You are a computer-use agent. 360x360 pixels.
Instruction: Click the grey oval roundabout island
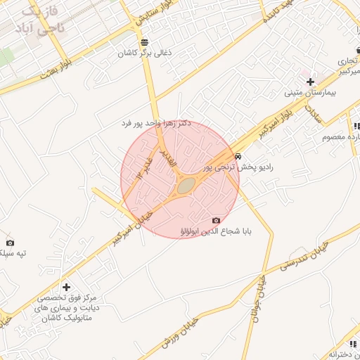click(186, 186)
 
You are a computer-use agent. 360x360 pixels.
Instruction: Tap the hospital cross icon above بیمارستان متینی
click(310, 82)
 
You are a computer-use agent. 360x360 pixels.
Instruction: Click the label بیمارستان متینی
click(311, 93)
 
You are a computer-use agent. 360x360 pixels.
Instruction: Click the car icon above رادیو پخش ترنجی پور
click(239, 156)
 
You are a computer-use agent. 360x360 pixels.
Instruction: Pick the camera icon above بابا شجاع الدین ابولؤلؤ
click(216, 220)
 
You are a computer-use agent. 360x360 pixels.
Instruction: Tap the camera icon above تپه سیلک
click(9, 242)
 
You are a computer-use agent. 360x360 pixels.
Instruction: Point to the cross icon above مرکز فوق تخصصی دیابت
click(66, 287)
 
